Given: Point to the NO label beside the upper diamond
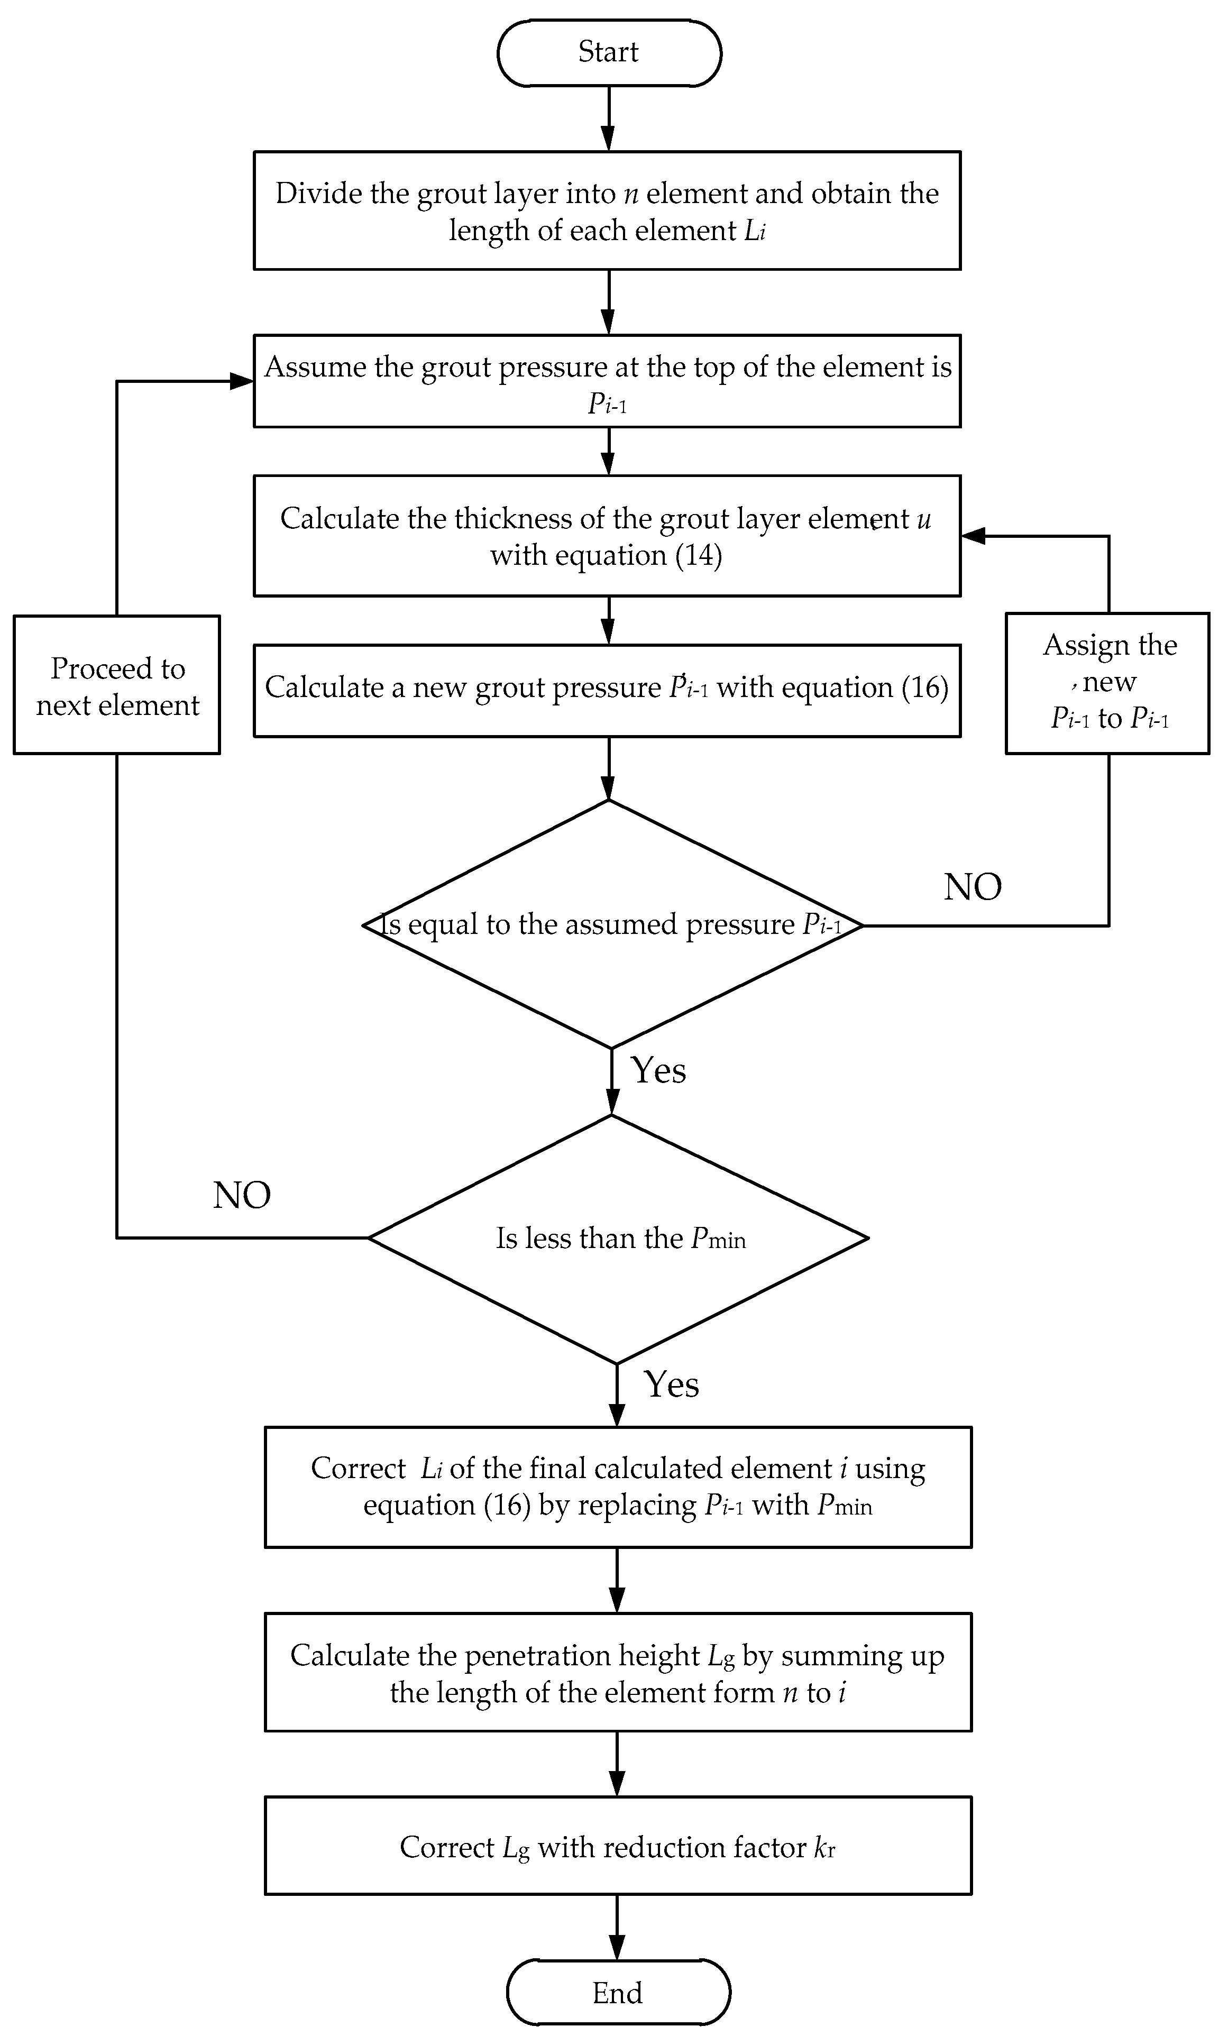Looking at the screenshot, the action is pos(973,887).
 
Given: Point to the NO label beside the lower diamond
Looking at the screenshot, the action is pos(241,1196).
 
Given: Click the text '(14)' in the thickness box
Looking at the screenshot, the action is pos(699,554).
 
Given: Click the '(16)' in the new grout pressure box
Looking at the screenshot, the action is pos(925,687).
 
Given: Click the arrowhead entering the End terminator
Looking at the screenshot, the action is pos(617,1948).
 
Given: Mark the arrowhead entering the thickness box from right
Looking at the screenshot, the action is pos(974,536).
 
